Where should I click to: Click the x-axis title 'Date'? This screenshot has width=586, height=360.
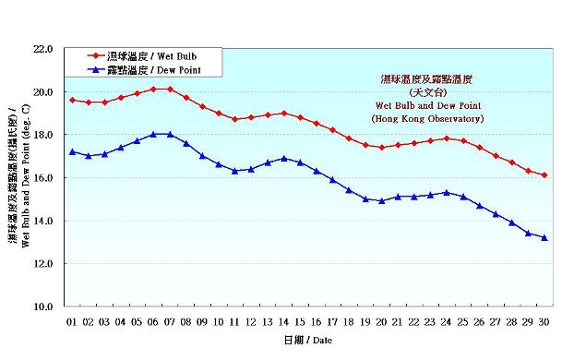309,341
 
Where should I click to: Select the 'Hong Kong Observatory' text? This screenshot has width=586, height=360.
427,119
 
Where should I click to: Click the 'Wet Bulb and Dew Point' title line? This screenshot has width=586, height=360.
427,106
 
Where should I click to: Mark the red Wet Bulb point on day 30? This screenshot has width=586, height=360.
544,175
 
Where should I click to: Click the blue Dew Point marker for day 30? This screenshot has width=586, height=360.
544,237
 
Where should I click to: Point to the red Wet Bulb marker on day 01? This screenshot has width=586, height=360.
72,100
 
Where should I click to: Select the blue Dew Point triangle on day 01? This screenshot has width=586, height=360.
72,151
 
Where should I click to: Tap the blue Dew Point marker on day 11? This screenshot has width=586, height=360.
235,171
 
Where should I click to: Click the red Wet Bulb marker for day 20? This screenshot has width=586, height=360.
382,147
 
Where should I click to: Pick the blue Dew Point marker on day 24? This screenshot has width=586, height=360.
447,192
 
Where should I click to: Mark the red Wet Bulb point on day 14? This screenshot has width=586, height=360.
284,113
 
